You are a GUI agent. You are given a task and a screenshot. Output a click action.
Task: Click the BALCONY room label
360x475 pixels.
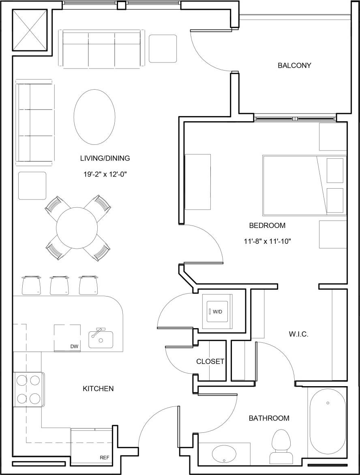[294, 65]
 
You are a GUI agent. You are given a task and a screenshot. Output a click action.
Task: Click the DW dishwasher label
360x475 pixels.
[74, 346]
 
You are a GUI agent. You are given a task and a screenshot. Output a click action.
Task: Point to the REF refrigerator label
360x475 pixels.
[105, 457]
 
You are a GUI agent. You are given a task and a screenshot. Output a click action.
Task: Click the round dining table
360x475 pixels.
[77, 227]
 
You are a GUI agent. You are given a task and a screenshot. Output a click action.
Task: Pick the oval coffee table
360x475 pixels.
[94, 116]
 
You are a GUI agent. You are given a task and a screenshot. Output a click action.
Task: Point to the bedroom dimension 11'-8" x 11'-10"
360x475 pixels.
[267, 241]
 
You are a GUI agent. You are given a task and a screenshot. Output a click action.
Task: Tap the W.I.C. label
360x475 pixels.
[299, 334]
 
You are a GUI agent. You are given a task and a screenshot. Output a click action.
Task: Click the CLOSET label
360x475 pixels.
[210, 361]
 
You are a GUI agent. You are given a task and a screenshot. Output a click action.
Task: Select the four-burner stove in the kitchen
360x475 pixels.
[28, 389]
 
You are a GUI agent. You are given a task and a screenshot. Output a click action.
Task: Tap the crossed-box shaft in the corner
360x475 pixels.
[31, 30]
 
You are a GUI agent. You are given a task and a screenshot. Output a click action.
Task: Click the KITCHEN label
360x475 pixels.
[98, 389]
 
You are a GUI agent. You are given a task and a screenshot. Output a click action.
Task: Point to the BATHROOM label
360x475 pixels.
[269, 418]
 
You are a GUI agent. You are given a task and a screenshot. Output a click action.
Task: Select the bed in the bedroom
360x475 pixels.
[304, 185]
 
